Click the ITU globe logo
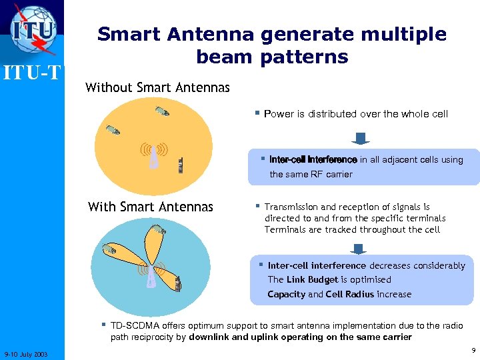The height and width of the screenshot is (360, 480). [33, 29]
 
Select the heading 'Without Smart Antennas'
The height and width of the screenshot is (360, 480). [157, 87]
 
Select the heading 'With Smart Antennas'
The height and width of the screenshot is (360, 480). [151, 207]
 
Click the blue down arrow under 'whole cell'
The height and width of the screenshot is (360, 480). [361, 139]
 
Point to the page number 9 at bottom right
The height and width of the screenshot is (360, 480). [472, 350]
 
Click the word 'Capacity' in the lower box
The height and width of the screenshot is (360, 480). [286, 294]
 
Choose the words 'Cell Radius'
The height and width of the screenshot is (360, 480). [350, 294]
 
